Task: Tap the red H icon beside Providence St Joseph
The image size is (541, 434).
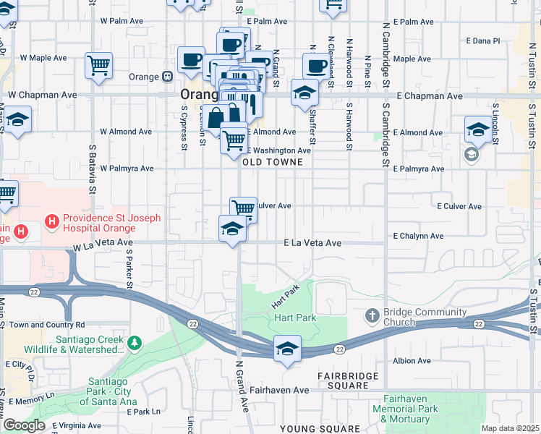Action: pyautogui.click(x=52, y=220)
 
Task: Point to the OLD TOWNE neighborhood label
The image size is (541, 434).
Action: pyautogui.click(x=270, y=163)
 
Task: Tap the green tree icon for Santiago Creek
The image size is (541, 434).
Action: pyautogui.click(x=133, y=341)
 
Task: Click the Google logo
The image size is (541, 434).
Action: pyautogui.click(x=23, y=425)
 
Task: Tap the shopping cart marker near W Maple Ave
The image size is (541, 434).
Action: pyautogui.click(x=98, y=65)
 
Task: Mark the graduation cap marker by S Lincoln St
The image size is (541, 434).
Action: pyautogui.click(x=478, y=129)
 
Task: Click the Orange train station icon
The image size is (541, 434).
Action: pyautogui.click(x=167, y=75)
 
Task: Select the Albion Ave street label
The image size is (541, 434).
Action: pyautogui.click(x=412, y=360)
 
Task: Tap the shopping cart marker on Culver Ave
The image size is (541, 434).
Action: pyautogui.click(x=244, y=209)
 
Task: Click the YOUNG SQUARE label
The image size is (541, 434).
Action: pyautogui.click(x=320, y=429)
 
